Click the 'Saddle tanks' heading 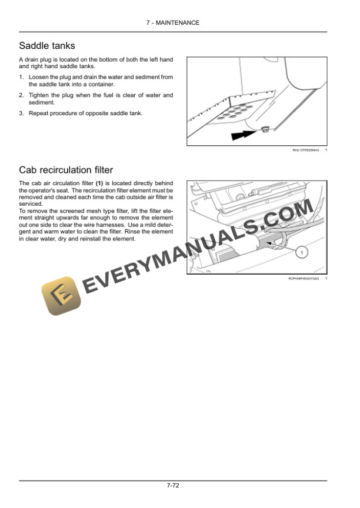click(x=47, y=46)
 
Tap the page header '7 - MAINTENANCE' click(x=173, y=23)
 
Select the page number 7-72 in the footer click(x=173, y=486)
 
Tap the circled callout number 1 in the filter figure click(x=301, y=252)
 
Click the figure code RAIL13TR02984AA click(x=306, y=151)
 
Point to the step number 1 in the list click(x=21, y=77)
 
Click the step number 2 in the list click(x=21, y=95)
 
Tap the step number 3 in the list click(x=21, y=113)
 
